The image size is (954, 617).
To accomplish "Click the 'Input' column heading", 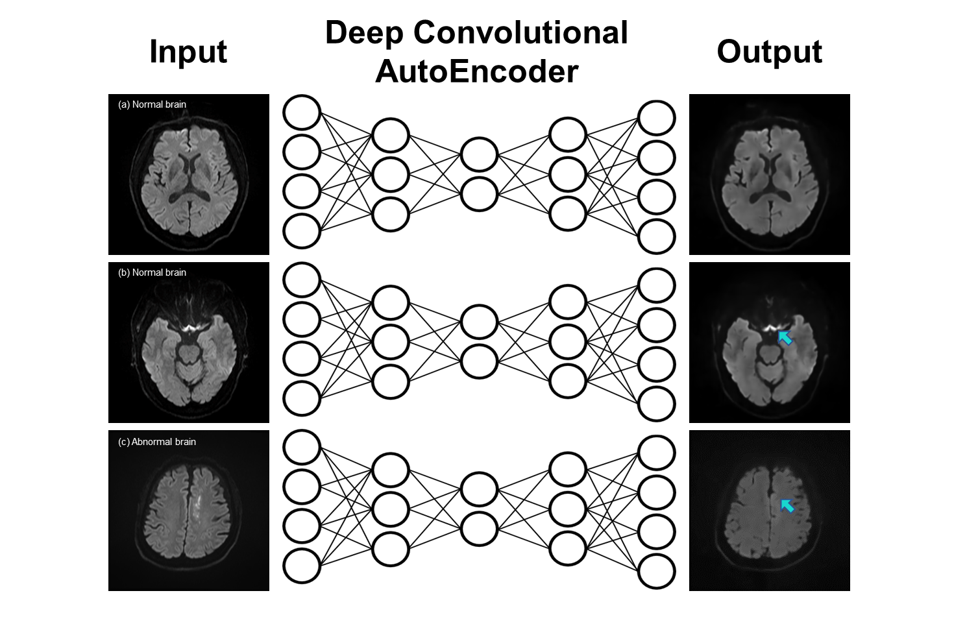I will tap(188, 52).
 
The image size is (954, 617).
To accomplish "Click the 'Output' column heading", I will tap(769, 52).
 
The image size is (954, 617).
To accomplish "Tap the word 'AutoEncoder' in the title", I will tap(476, 71).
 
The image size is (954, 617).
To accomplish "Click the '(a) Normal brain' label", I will tap(152, 104).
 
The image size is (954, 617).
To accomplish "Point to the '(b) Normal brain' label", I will tap(152, 272).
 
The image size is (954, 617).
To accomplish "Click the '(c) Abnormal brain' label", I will tap(156, 442).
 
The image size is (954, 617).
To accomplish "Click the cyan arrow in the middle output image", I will tap(785, 337).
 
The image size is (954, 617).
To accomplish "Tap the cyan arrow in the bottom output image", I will tap(787, 505).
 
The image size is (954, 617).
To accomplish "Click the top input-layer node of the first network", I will tap(302, 113).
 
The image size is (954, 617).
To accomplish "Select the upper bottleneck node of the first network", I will tap(479, 155).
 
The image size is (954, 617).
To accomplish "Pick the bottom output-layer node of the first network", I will tap(657, 237).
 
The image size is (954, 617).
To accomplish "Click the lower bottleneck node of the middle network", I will tap(479, 361).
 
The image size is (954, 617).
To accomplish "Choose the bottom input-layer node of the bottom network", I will tap(302, 566).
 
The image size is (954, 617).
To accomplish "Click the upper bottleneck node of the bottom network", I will tap(479, 490).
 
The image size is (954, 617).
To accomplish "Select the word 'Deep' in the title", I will tap(363, 32).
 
